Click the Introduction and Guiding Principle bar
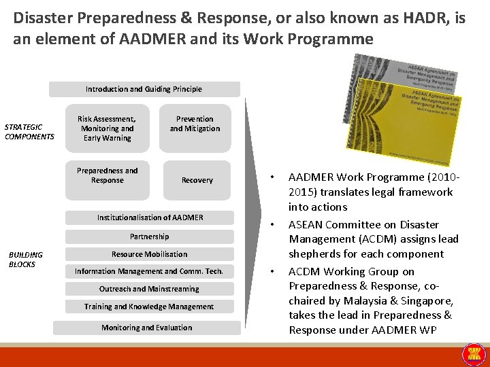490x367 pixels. pyautogui.click(x=144, y=89)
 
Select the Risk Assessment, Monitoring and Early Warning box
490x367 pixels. pyautogui.click(x=107, y=128)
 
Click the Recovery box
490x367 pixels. pyautogui.click(x=196, y=180)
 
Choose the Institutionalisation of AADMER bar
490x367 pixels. pyautogui.click(x=150, y=217)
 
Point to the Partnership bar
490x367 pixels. pyautogui.click(x=150, y=237)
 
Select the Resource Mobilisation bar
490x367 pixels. pyautogui.click(x=150, y=254)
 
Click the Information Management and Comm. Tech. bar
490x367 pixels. pyautogui.click(x=149, y=271)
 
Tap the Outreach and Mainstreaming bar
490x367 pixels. pyautogui.click(x=149, y=289)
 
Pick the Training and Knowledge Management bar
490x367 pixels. pyautogui.click(x=149, y=307)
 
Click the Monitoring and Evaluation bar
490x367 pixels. pyautogui.click(x=147, y=328)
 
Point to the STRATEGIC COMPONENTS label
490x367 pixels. pyautogui.click(x=29, y=132)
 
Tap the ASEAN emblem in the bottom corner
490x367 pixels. pyautogui.click(x=474, y=353)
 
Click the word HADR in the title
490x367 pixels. pyautogui.click(x=423, y=18)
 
